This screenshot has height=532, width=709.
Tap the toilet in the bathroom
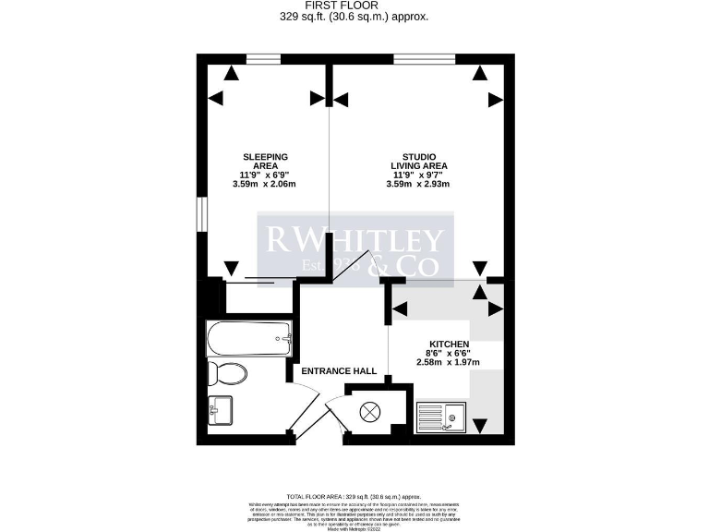(x=227, y=374)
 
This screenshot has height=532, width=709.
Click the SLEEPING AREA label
(x=265, y=161)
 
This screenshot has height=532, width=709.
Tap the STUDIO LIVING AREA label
(x=418, y=161)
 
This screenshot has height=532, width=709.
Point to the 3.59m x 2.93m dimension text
(x=418, y=184)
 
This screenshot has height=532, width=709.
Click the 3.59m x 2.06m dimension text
(x=265, y=184)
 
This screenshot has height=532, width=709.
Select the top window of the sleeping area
(x=264, y=60)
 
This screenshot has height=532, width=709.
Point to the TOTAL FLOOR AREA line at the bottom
(x=354, y=496)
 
